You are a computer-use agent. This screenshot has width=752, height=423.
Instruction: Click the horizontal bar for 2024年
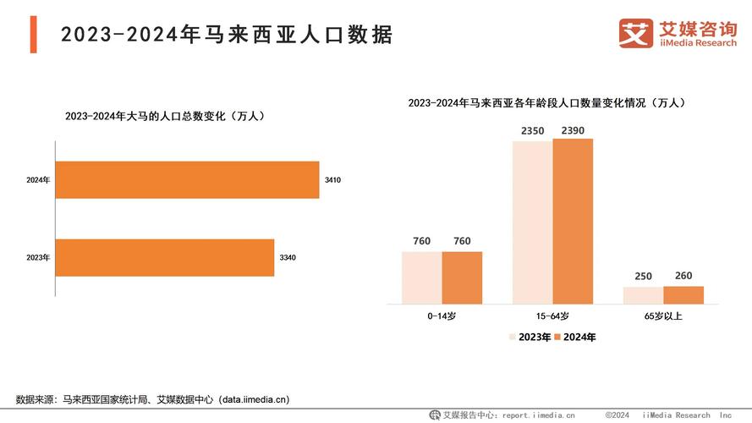[x=187, y=180]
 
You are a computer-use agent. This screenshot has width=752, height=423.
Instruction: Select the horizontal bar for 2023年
[x=165, y=257]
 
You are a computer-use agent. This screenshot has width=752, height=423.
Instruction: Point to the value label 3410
[x=332, y=180]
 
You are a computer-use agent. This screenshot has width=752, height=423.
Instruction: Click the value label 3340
[x=288, y=257]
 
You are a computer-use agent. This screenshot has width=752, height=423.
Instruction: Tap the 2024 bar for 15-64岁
[x=573, y=221]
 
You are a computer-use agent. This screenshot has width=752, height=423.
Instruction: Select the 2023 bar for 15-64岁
[x=532, y=222]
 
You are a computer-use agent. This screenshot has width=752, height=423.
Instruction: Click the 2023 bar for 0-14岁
[x=421, y=277]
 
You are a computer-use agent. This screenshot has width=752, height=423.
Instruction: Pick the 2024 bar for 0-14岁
[x=462, y=277]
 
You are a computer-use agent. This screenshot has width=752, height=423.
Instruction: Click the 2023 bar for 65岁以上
[x=643, y=294]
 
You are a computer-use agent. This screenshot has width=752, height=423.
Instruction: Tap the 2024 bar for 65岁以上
[x=683, y=294]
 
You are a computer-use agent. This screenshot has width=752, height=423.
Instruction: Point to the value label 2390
[x=573, y=130]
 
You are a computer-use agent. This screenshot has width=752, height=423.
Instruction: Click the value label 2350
[x=532, y=130]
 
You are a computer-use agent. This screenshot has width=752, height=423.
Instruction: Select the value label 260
[x=683, y=276]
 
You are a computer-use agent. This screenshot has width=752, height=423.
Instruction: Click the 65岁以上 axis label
[x=663, y=316]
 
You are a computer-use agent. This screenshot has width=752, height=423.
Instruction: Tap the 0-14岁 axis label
[x=442, y=316]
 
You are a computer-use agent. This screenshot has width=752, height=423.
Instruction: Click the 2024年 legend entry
[x=574, y=337]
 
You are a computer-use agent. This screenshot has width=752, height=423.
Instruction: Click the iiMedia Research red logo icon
[x=634, y=34]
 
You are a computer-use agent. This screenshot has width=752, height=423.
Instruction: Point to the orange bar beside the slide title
[x=33, y=34]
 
